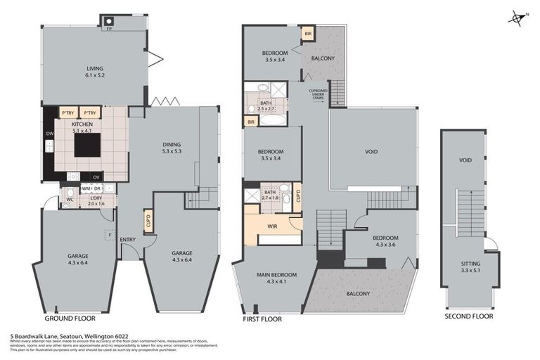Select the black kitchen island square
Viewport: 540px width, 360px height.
88,144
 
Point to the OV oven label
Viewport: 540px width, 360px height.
96,176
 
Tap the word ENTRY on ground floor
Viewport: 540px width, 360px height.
128,240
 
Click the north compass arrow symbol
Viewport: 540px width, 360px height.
517,18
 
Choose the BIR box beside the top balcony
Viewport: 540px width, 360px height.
307,34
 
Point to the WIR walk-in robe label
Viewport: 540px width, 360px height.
273,226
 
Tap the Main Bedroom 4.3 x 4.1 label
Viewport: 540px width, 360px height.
268,278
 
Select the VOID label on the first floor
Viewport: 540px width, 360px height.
372,151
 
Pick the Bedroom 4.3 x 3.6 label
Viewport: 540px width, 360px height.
380,241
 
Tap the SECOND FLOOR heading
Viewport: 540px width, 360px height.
468,316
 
